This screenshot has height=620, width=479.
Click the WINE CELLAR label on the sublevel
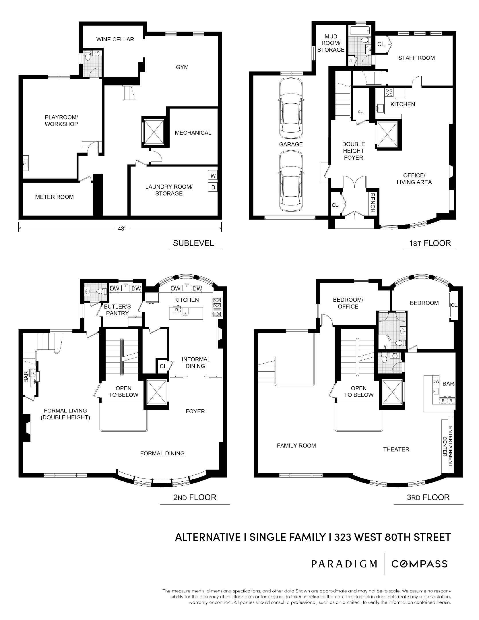(115, 39)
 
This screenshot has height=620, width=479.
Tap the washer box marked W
(213, 175)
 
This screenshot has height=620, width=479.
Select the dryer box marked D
(213, 187)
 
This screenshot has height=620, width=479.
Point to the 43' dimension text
(122, 229)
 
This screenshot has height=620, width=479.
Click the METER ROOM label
(54, 197)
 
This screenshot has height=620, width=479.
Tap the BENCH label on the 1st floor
(373, 203)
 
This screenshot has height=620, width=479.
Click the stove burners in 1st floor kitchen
(389, 92)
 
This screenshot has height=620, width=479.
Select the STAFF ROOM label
(416, 58)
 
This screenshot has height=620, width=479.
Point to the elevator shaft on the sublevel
(154, 131)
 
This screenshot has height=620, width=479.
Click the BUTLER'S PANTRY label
(117, 310)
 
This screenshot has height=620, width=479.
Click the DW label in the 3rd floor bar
(436, 381)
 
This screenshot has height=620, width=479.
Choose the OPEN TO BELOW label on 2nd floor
(124, 392)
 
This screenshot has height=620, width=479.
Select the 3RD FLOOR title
(428, 497)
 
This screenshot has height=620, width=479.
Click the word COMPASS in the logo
(419, 564)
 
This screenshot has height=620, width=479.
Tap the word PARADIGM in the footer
(344, 564)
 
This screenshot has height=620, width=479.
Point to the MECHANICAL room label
(193, 133)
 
